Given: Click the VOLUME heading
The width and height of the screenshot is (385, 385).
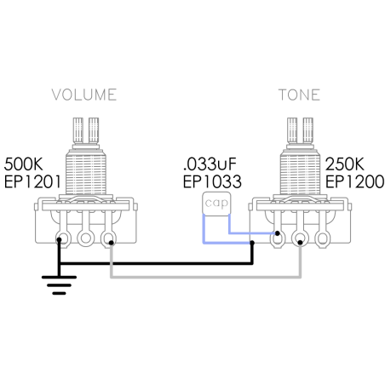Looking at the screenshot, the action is point(84,95).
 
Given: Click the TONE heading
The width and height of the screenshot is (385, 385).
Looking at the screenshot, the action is point(299,95).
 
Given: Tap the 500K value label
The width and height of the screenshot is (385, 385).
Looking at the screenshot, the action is point(23,164).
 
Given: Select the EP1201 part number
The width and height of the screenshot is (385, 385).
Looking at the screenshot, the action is point(32,181).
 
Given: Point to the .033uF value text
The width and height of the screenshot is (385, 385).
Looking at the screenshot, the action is point(210,164).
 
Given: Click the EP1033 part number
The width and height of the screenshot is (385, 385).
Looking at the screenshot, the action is point(212,181).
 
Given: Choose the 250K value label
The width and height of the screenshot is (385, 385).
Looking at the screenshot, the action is point(345,164).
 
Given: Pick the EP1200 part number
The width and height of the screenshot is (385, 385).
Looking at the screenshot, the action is point(354,181).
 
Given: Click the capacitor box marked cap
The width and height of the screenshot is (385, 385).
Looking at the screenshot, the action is point(216,203).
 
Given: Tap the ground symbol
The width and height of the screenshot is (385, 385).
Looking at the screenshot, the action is point(59,284).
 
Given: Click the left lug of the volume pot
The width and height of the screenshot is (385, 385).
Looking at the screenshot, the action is point(64,238).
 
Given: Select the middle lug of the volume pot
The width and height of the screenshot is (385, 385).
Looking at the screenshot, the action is point(86,238).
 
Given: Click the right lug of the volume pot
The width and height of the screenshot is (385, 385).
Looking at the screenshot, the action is point(108,238).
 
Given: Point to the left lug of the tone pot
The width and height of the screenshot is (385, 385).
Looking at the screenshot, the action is point(278,238).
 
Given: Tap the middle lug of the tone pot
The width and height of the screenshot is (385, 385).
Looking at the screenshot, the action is point(300,238).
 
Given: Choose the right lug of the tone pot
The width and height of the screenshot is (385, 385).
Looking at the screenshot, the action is point(322,238).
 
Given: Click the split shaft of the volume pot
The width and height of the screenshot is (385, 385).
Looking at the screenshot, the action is point(86,130).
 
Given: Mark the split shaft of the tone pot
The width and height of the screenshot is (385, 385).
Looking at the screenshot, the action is point(300,130).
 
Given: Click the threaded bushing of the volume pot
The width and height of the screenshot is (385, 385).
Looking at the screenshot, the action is point(86,172).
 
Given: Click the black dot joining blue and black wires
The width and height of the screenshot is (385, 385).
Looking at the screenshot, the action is point(252,243).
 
